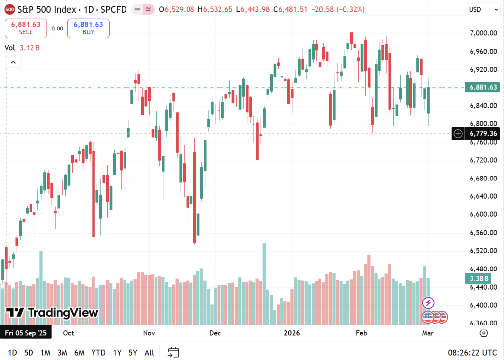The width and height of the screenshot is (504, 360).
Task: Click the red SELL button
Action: (x=26, y=28)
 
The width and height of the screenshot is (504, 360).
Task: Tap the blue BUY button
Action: (x=89, y=28)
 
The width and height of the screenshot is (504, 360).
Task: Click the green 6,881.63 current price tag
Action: (x=481, y=88)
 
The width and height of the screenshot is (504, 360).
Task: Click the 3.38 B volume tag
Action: (x=477, y=279)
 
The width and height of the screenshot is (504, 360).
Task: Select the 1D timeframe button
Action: (x=12, y=352)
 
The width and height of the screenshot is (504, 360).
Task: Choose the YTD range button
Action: (x=98, y=352)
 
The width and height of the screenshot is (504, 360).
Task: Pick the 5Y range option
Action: (x=133, y=352)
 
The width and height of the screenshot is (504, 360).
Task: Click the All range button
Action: (x=149, y=352)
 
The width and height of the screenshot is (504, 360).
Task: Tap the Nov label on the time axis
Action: (x=149, y=333)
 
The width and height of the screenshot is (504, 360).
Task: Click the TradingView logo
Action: (x=53, y=313)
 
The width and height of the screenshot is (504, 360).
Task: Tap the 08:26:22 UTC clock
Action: (x=472, y=352)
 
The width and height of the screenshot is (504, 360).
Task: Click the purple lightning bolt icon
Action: (x=428, y=302)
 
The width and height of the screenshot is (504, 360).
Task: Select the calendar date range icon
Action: (x=173, y=352)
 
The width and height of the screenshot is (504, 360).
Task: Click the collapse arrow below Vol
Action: (x=13, y=62)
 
